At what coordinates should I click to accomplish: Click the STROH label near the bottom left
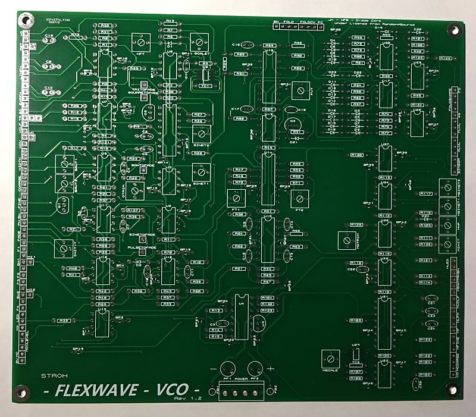[x=49, y=376]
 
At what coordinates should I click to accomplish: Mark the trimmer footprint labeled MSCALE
[x=328, y=359]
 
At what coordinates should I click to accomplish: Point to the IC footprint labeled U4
[x=241, y=318]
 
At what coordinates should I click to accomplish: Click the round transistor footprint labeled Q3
[x=292, y=123]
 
